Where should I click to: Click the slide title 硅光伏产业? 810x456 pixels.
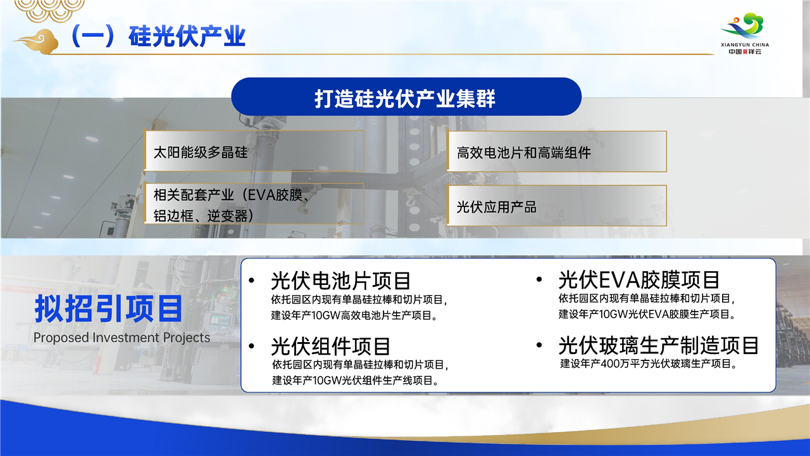pyautogui.click(x=187, y=37)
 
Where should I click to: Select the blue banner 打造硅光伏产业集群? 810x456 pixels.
pyautogui.click(x=406, y=97)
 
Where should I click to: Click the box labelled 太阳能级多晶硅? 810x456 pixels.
pyautogui.click(x=254, y=151)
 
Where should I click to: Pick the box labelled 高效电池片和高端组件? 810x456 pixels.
pyautogui.click(x=556, y=151)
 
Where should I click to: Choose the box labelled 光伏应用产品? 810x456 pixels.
pyautogui.click(x=556, y=206)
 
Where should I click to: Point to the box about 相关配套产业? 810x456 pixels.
pyautogui.click(x=254, y=204)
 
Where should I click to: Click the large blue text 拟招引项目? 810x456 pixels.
pyautogui.click(x=108, y=308)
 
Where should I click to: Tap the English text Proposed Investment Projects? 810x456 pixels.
pyautogui.click(x=121, y=338)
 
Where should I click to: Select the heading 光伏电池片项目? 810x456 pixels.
pyautogui.click(x=340, y=281)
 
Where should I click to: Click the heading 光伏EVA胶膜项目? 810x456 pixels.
pyautogui.click(x=639, y=280)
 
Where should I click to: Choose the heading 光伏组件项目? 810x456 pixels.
pyautogui.click(x=330, y=346)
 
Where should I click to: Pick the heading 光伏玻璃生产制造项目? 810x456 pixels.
pyautogui.click(x=659, y=345)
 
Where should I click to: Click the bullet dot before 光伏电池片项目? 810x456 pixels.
pyautogui.click(x=252, y=281)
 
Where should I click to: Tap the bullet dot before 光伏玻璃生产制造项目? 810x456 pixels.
pyautogui.click(x=539, y=345)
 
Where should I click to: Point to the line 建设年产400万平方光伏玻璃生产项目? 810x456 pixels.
pyautogui.click(x=649, y=364)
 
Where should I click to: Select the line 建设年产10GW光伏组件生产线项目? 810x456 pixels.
pyautogui.click(x=356, y=381)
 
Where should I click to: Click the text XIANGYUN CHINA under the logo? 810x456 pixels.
pyautogui.click(x=745, y=45)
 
